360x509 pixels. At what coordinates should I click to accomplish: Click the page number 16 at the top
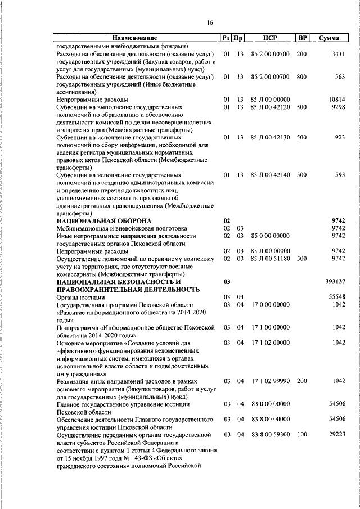click(x=210, y=22)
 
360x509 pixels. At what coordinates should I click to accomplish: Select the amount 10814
click(x=336, y=100)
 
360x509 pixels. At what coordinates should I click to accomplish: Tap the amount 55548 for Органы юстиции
click(x=336, y=296)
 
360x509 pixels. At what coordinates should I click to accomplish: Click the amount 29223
click(x=336, y=435)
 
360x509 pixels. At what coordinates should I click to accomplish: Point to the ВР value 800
click(x=301, y=76)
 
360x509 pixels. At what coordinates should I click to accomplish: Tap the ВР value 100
click(x=301, y=435)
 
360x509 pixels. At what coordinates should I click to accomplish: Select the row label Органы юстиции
click(x=79, y=296)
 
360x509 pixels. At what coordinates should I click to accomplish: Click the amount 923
click(x=339, y=137)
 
